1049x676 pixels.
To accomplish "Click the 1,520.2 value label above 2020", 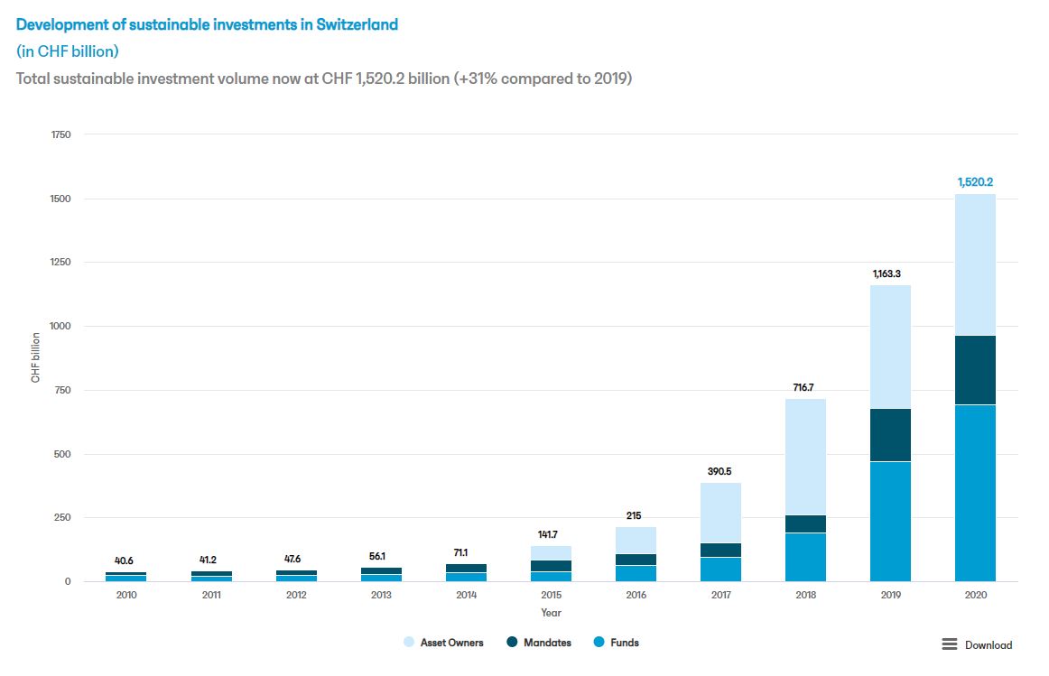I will click(975, 181).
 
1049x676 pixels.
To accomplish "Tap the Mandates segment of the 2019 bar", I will click(890, 435).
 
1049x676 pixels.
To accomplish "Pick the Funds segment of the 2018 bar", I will click(805, 557).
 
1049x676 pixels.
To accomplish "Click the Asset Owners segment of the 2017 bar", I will click(720, 513).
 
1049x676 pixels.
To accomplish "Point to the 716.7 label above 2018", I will click(805, 387).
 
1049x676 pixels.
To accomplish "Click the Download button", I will click(978, 644).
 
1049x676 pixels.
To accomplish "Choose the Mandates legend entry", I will click(547, 643).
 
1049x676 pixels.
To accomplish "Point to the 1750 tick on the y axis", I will click(60, 134).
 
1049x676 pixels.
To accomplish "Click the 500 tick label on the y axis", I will click(63, 454).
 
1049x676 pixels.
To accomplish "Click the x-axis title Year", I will click(551, 613).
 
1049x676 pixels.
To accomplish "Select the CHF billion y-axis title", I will click(36, 357).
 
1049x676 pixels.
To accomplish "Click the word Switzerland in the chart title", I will click(356, 24).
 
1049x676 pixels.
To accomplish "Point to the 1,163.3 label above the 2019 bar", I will click(890, 273).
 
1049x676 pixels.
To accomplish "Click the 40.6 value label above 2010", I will click(125, 560).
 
